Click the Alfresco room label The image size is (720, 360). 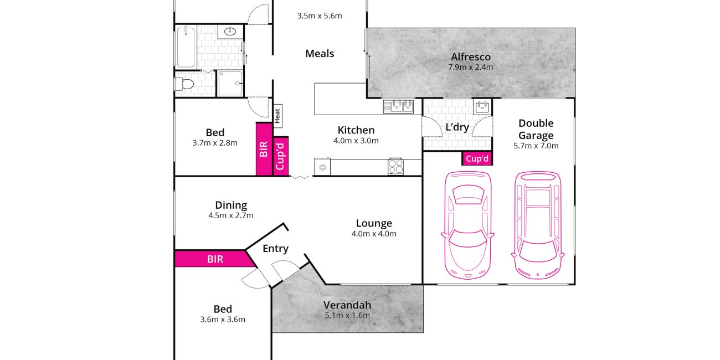(471, 57)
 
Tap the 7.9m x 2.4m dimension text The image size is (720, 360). (471, 67)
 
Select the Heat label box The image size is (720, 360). (277, 116)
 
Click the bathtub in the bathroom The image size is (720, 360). (186, 47)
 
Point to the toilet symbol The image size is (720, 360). (184, 84)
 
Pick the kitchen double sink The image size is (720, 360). (398, 106)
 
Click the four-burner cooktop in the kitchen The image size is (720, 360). (395, 167)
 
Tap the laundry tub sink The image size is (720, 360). (482, 106)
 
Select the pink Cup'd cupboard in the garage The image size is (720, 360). (477, 158)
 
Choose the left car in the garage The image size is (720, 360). (468, 225)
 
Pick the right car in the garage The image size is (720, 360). (537, 225)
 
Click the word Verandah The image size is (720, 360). (347, 305)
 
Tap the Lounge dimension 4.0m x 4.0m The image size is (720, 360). (374, 234)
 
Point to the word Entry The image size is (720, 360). (275, 249)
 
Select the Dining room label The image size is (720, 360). (231, 205)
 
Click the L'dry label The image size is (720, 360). (457, 127)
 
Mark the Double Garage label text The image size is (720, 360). (536, 129)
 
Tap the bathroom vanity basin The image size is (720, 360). (230, 32)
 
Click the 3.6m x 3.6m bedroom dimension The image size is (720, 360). (223, 320)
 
